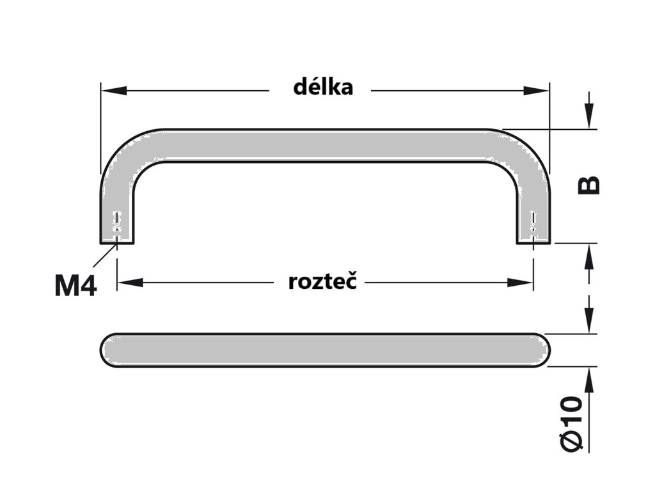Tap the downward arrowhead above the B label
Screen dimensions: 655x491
pos(589,119)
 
